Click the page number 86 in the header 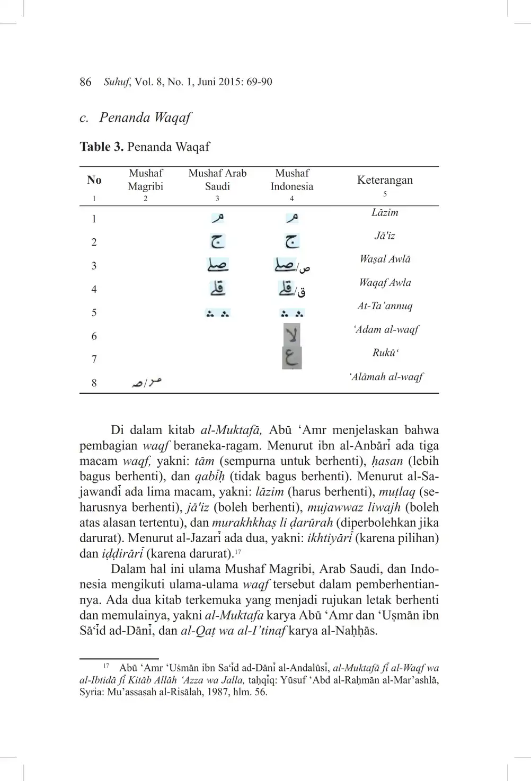(85, 82)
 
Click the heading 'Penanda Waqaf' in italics (145, 118)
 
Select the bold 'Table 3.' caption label (102, 147)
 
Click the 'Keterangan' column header (385, 180)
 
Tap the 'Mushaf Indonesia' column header (292, 179)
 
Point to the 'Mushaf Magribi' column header (146, 179)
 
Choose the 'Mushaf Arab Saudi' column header (217, 179)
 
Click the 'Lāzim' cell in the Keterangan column (385, 213)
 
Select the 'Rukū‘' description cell (385, 353)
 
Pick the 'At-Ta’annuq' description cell (385, 306)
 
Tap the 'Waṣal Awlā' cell (385, 259)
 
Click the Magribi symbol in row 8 (147, 382)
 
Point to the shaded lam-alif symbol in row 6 (291, 335)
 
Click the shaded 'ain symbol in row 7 (291, 358)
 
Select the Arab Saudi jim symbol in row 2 (217, 241)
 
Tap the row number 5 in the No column (94, 312)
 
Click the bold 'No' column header (94, 180)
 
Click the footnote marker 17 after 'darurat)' (238, 551)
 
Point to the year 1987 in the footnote (218, 692)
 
